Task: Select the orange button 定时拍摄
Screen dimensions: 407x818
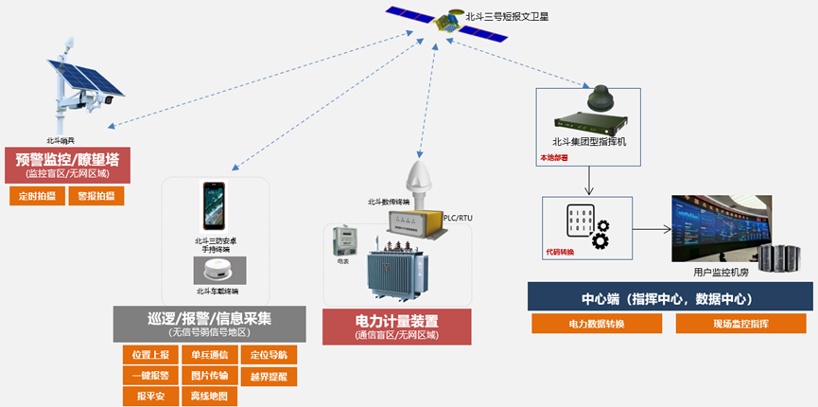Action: click(38, 197)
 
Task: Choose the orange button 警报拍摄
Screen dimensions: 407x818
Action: click(96, 197)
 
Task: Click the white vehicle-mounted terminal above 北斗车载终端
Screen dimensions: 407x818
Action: click(217, 271)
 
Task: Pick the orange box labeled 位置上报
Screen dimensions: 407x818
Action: click(151, 355)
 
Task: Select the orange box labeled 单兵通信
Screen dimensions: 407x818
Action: click(209, 355)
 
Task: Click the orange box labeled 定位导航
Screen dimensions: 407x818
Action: click(269, 355)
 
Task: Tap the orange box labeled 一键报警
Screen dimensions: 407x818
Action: click(151, 376)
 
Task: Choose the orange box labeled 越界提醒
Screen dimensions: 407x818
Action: click(269, 376)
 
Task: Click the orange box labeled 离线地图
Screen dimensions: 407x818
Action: click(209, 397)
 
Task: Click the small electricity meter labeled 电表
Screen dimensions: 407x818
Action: click(341, 243)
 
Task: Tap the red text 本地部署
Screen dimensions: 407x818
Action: click(554, 158)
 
